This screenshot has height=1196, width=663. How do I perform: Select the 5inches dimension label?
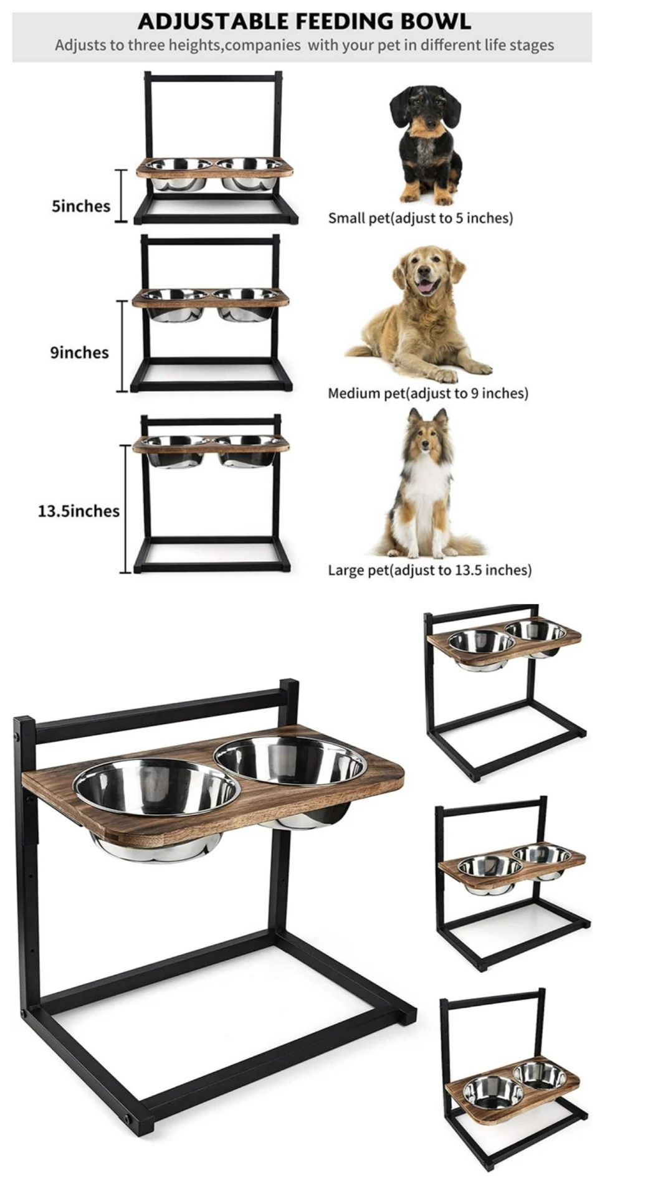(81, 206)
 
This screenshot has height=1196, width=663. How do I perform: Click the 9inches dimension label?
(79, 353)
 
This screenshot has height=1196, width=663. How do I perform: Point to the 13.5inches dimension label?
(79, 511)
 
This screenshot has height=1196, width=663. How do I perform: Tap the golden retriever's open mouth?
(427, 287)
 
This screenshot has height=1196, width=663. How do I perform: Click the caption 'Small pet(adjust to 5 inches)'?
(421, 218)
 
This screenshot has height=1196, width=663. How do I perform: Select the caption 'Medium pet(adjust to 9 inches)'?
(428, 393)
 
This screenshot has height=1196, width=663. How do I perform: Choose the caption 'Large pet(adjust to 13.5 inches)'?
(430, 570)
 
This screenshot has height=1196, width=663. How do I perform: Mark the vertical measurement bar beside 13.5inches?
(125, 509)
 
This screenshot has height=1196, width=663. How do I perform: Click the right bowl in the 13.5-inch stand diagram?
(247, 450)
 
